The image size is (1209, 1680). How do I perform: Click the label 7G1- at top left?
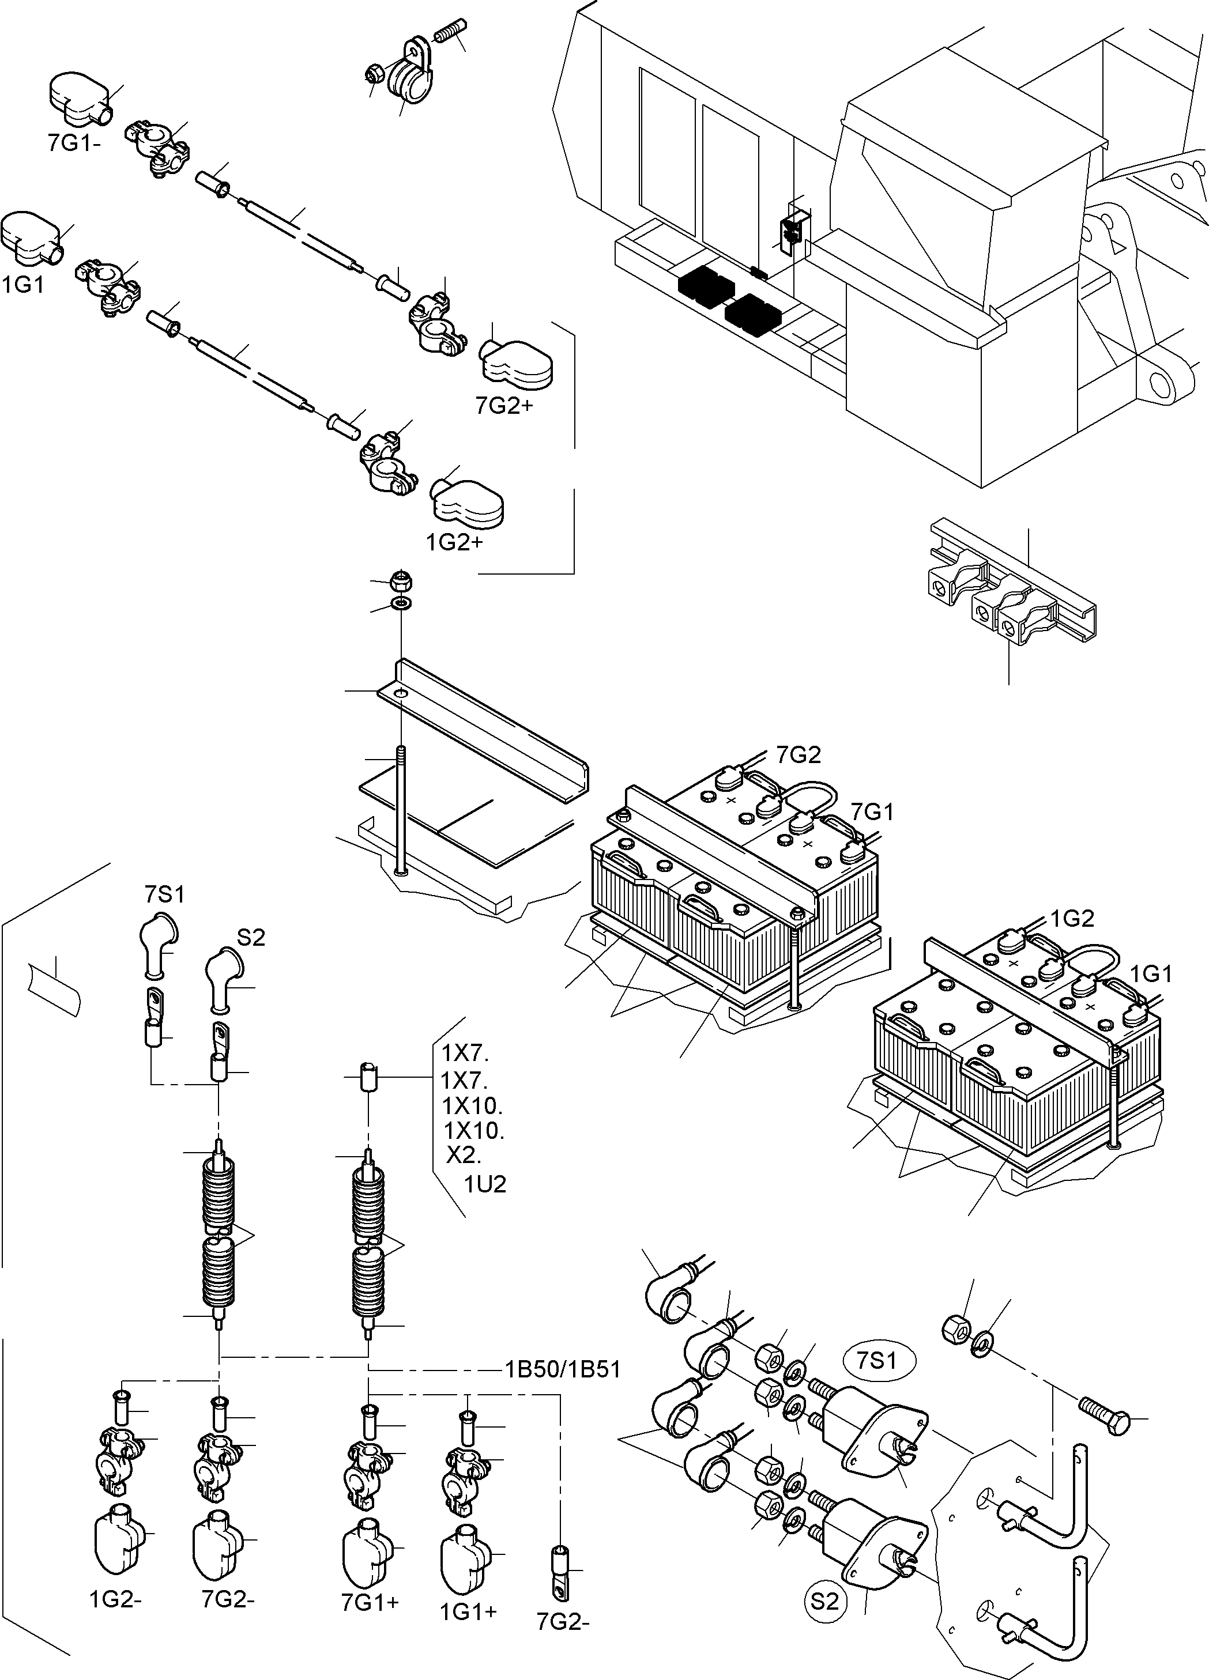point(74,143)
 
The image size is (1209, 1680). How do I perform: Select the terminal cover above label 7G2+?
point(517,363)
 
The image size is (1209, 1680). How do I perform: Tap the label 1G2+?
point(454,542)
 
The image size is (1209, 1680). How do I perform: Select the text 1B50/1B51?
point(562,1369)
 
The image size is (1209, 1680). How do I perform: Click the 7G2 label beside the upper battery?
point(799,755)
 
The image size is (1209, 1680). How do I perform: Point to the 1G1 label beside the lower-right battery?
point(1151,974)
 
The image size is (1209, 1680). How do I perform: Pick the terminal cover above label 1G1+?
point(464,1542)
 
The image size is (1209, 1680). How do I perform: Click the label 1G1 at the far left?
point(24,285)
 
